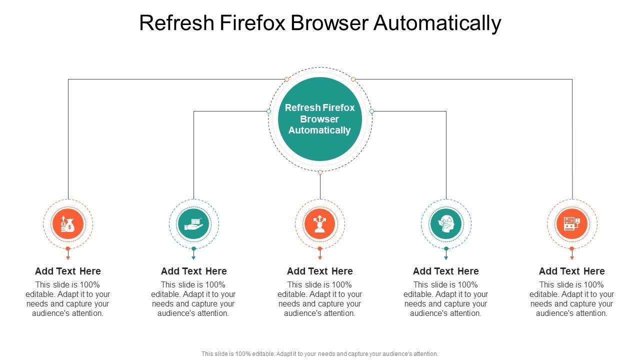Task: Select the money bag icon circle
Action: tap(68, 224)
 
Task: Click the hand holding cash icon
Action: tap(194, 224)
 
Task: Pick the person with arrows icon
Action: tap(320, 224)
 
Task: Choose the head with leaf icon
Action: tap(446, 224)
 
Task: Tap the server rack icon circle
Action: tap(572, 224)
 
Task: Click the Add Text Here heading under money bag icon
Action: tap(68, 271)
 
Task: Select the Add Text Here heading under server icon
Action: tap(572, 271)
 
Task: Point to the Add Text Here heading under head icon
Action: tap(446, 271)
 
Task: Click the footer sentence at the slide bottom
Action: tap(320, 353)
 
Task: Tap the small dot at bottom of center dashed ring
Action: tap(320, 172)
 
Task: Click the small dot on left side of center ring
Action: tap(268, 111)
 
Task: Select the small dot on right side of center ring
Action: tap(371, 111)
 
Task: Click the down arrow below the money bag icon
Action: tap(68, 256)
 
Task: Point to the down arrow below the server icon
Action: tap(572, 256)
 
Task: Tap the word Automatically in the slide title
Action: tap(437, 23)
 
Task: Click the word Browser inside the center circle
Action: tap(320, 119)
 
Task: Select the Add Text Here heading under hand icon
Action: tap(194, 271)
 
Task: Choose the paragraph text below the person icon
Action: tap(320, 299)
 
